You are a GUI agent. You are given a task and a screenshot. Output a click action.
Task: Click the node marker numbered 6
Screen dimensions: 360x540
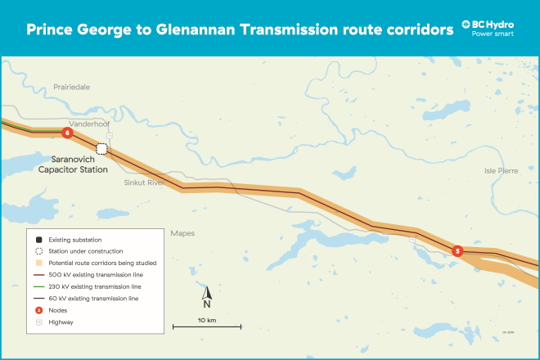point(67,133)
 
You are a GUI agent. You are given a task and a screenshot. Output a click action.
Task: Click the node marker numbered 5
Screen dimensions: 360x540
point(457,251)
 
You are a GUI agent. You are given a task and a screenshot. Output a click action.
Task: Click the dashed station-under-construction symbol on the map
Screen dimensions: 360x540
point(102,148)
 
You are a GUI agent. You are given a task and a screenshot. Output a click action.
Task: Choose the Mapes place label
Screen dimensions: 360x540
point(182,233)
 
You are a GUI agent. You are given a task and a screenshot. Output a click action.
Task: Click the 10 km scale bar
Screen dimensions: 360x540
point(206,326)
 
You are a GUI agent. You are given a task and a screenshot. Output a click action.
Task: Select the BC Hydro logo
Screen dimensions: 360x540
point(488,29)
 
